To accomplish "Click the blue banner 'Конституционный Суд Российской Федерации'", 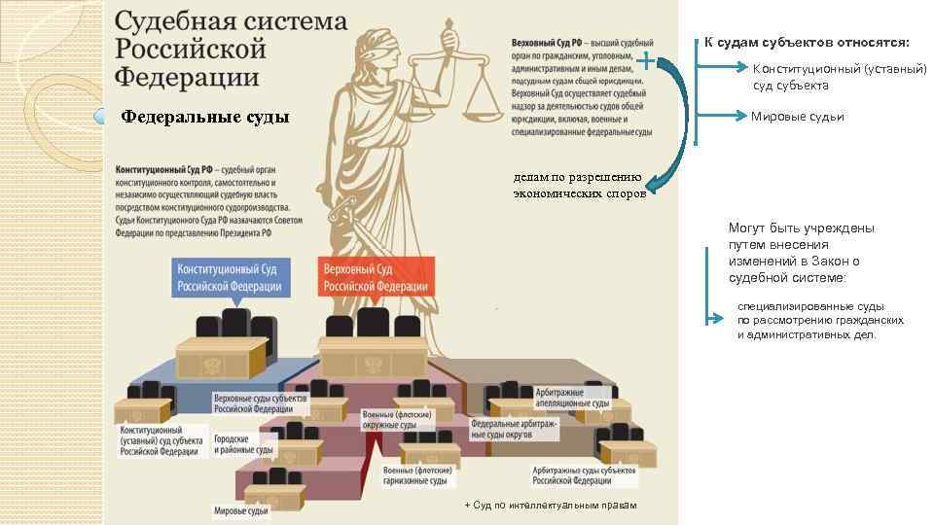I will pos(230,277).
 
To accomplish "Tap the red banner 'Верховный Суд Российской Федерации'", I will pos(376,277).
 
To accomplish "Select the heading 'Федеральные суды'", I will pos(205,118).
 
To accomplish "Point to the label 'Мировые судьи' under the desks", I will pos(240,510).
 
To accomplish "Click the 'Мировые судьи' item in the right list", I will pos(797,117).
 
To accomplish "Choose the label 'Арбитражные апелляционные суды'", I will pos(573,398).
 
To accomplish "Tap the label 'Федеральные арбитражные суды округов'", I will pos(513,429).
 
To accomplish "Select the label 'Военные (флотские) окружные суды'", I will pos(396,420).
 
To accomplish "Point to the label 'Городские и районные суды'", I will pos(244,444).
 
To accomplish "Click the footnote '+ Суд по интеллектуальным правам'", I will pos(551,506).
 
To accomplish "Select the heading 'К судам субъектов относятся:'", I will pos(807,42).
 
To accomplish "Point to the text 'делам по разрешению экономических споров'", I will pos(579,186).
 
